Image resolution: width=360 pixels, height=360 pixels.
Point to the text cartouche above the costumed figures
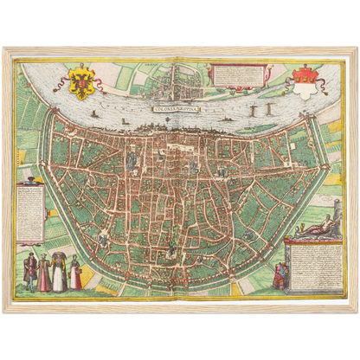pyautogui.click(x=31, y=213)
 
